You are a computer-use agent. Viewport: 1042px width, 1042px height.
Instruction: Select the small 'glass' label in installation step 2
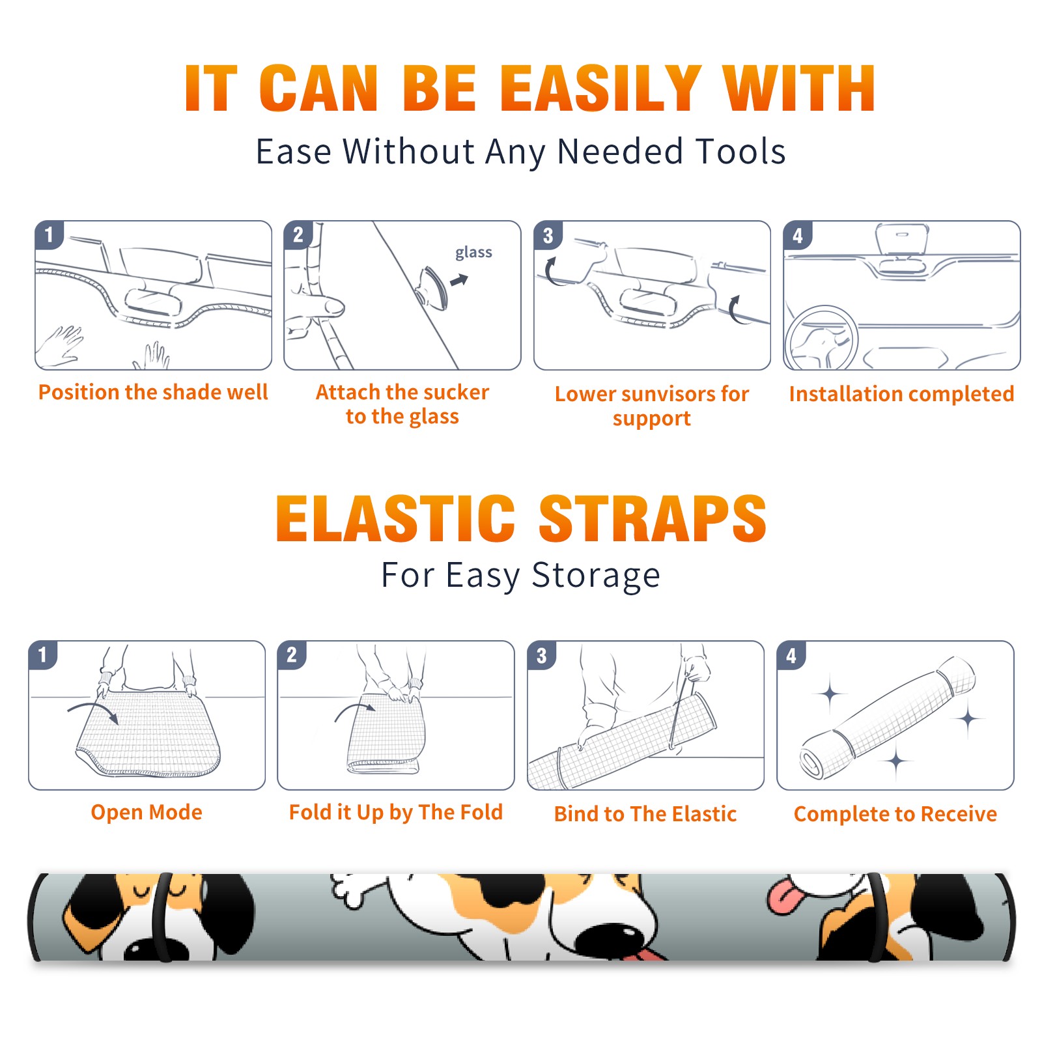(x=473, y=252)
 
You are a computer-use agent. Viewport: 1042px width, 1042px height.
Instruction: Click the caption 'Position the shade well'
(x=153, y=392)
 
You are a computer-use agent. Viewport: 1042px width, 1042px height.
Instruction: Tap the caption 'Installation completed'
(x=901, y=393)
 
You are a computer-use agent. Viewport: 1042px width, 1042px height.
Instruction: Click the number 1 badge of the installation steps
(x=49, y=234)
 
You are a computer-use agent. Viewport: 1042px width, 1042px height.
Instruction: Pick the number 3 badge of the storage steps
(x=541, y=655)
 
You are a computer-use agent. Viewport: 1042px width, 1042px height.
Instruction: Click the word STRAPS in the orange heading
(x=653, y=518)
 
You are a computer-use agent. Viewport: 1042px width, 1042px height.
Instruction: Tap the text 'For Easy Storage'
(x=521, y=575)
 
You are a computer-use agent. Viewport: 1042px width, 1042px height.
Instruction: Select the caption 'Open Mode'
(x=147, y=812)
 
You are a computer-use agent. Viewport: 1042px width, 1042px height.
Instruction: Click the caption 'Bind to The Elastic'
(x=645, y=814)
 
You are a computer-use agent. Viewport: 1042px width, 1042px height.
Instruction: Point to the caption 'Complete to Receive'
(x=895, y=814)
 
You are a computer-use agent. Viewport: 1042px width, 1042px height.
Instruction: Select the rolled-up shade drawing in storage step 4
(x=887, y=718)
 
